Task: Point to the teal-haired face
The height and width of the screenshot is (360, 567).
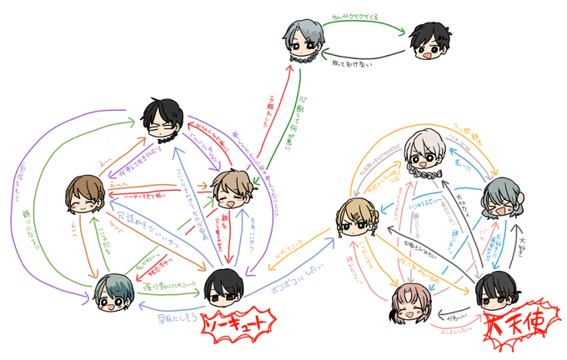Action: pyautogui.click(x=113, y=293)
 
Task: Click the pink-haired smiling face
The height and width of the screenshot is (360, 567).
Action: pyautogui.click(x=409, y=304)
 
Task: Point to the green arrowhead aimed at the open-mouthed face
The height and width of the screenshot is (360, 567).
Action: pyautogui.click(x=406, y=35)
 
